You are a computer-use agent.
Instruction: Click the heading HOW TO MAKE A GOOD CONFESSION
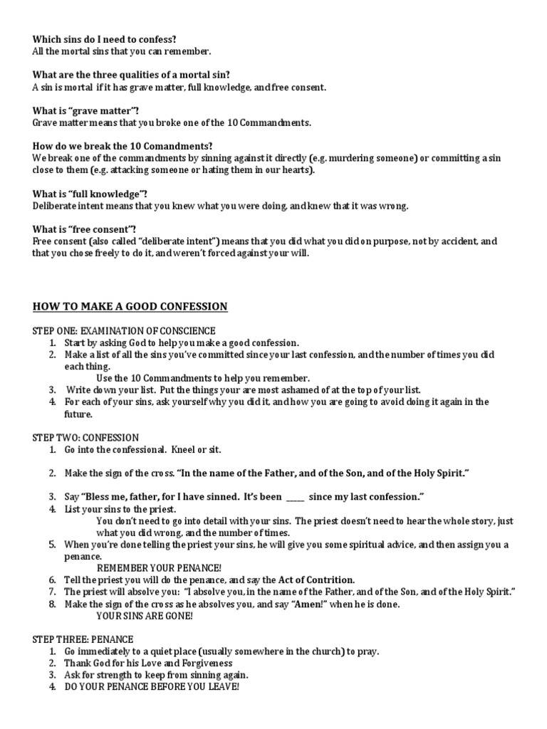coord(130,307)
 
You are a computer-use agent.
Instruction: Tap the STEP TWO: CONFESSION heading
coord(86,437)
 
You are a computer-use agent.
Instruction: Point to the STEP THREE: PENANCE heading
coord(83,639)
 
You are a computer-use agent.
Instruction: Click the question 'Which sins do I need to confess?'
coord(105,39)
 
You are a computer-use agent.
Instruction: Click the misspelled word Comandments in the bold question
coord(182,146)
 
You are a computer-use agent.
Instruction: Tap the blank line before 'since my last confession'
coord(295,496)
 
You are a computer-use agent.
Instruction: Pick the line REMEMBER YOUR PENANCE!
coord(159,568)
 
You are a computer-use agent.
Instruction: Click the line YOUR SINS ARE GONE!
coord(145,616)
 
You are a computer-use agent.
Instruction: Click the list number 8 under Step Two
coord(52,604)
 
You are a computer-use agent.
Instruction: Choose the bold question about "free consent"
coord(85,229)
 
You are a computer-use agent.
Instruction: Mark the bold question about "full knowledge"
coord(90,194)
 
